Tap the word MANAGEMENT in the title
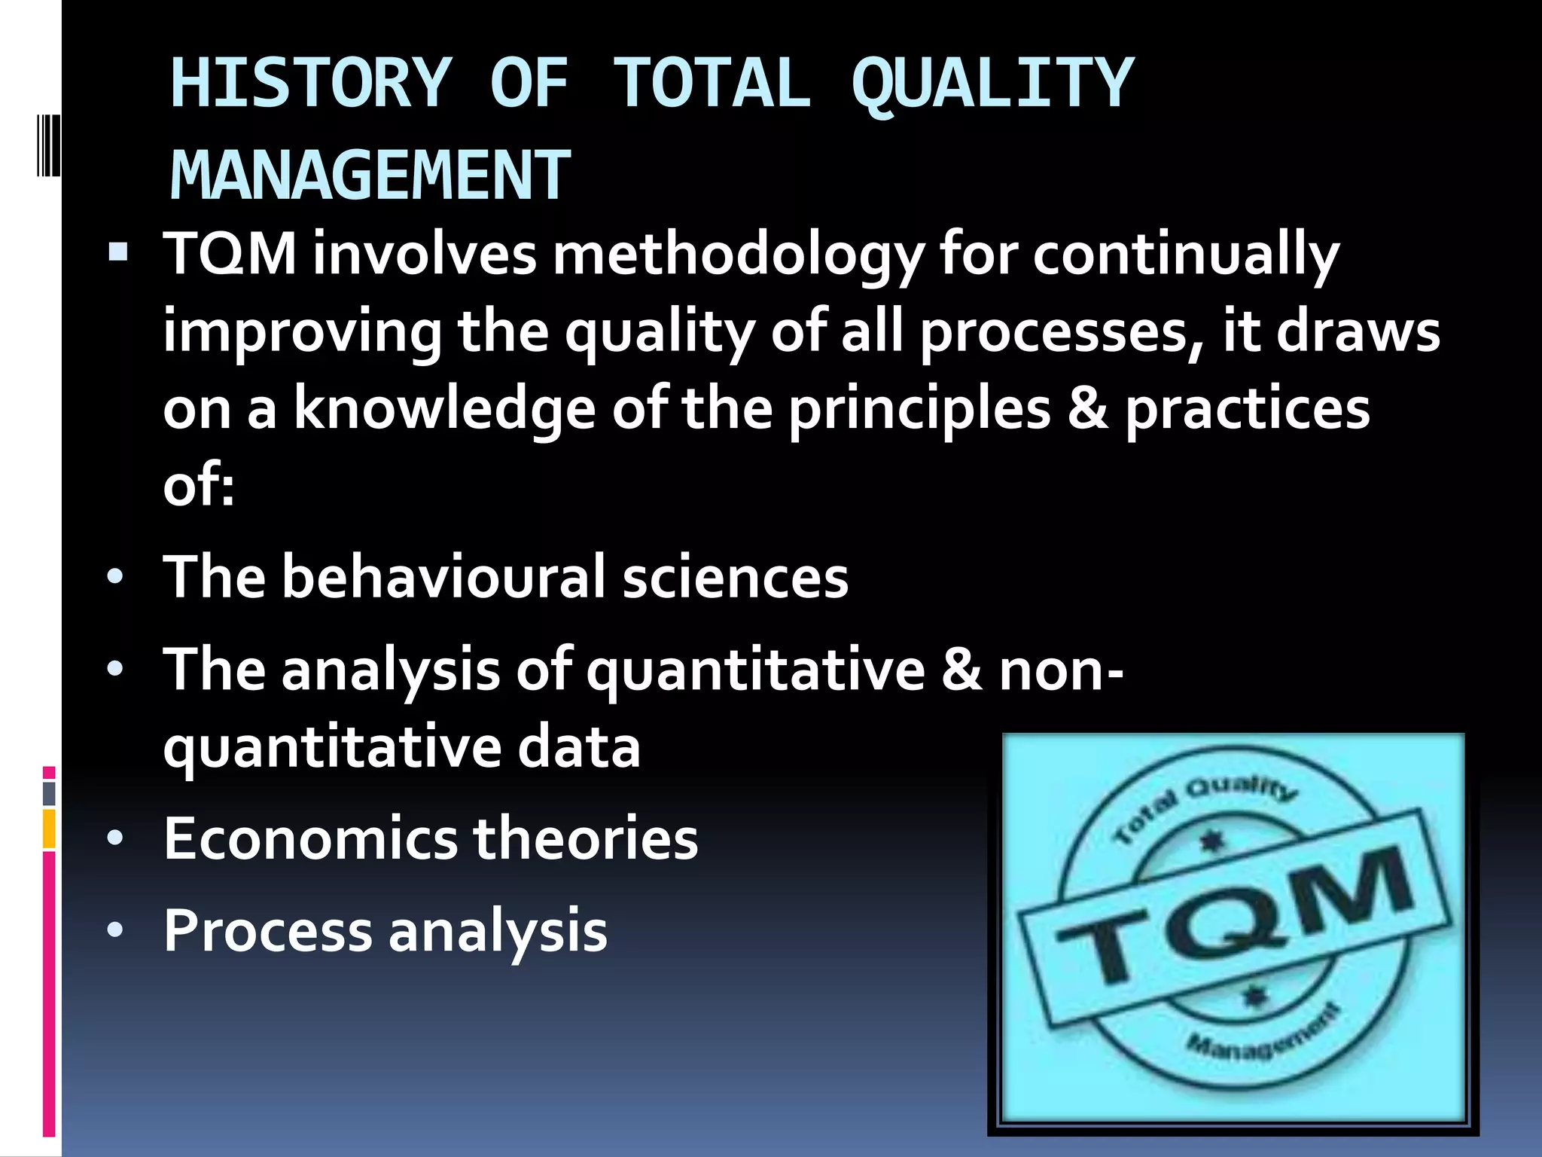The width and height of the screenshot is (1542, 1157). tap(370, 176)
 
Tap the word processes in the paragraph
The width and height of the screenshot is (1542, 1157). tap(1054, 333)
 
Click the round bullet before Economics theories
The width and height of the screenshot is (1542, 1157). tap(114, 838)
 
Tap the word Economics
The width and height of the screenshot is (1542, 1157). tap(309, 838)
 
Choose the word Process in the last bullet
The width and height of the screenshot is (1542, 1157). tap(267, 931)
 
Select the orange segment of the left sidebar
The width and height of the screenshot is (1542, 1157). tap(49, 829)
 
